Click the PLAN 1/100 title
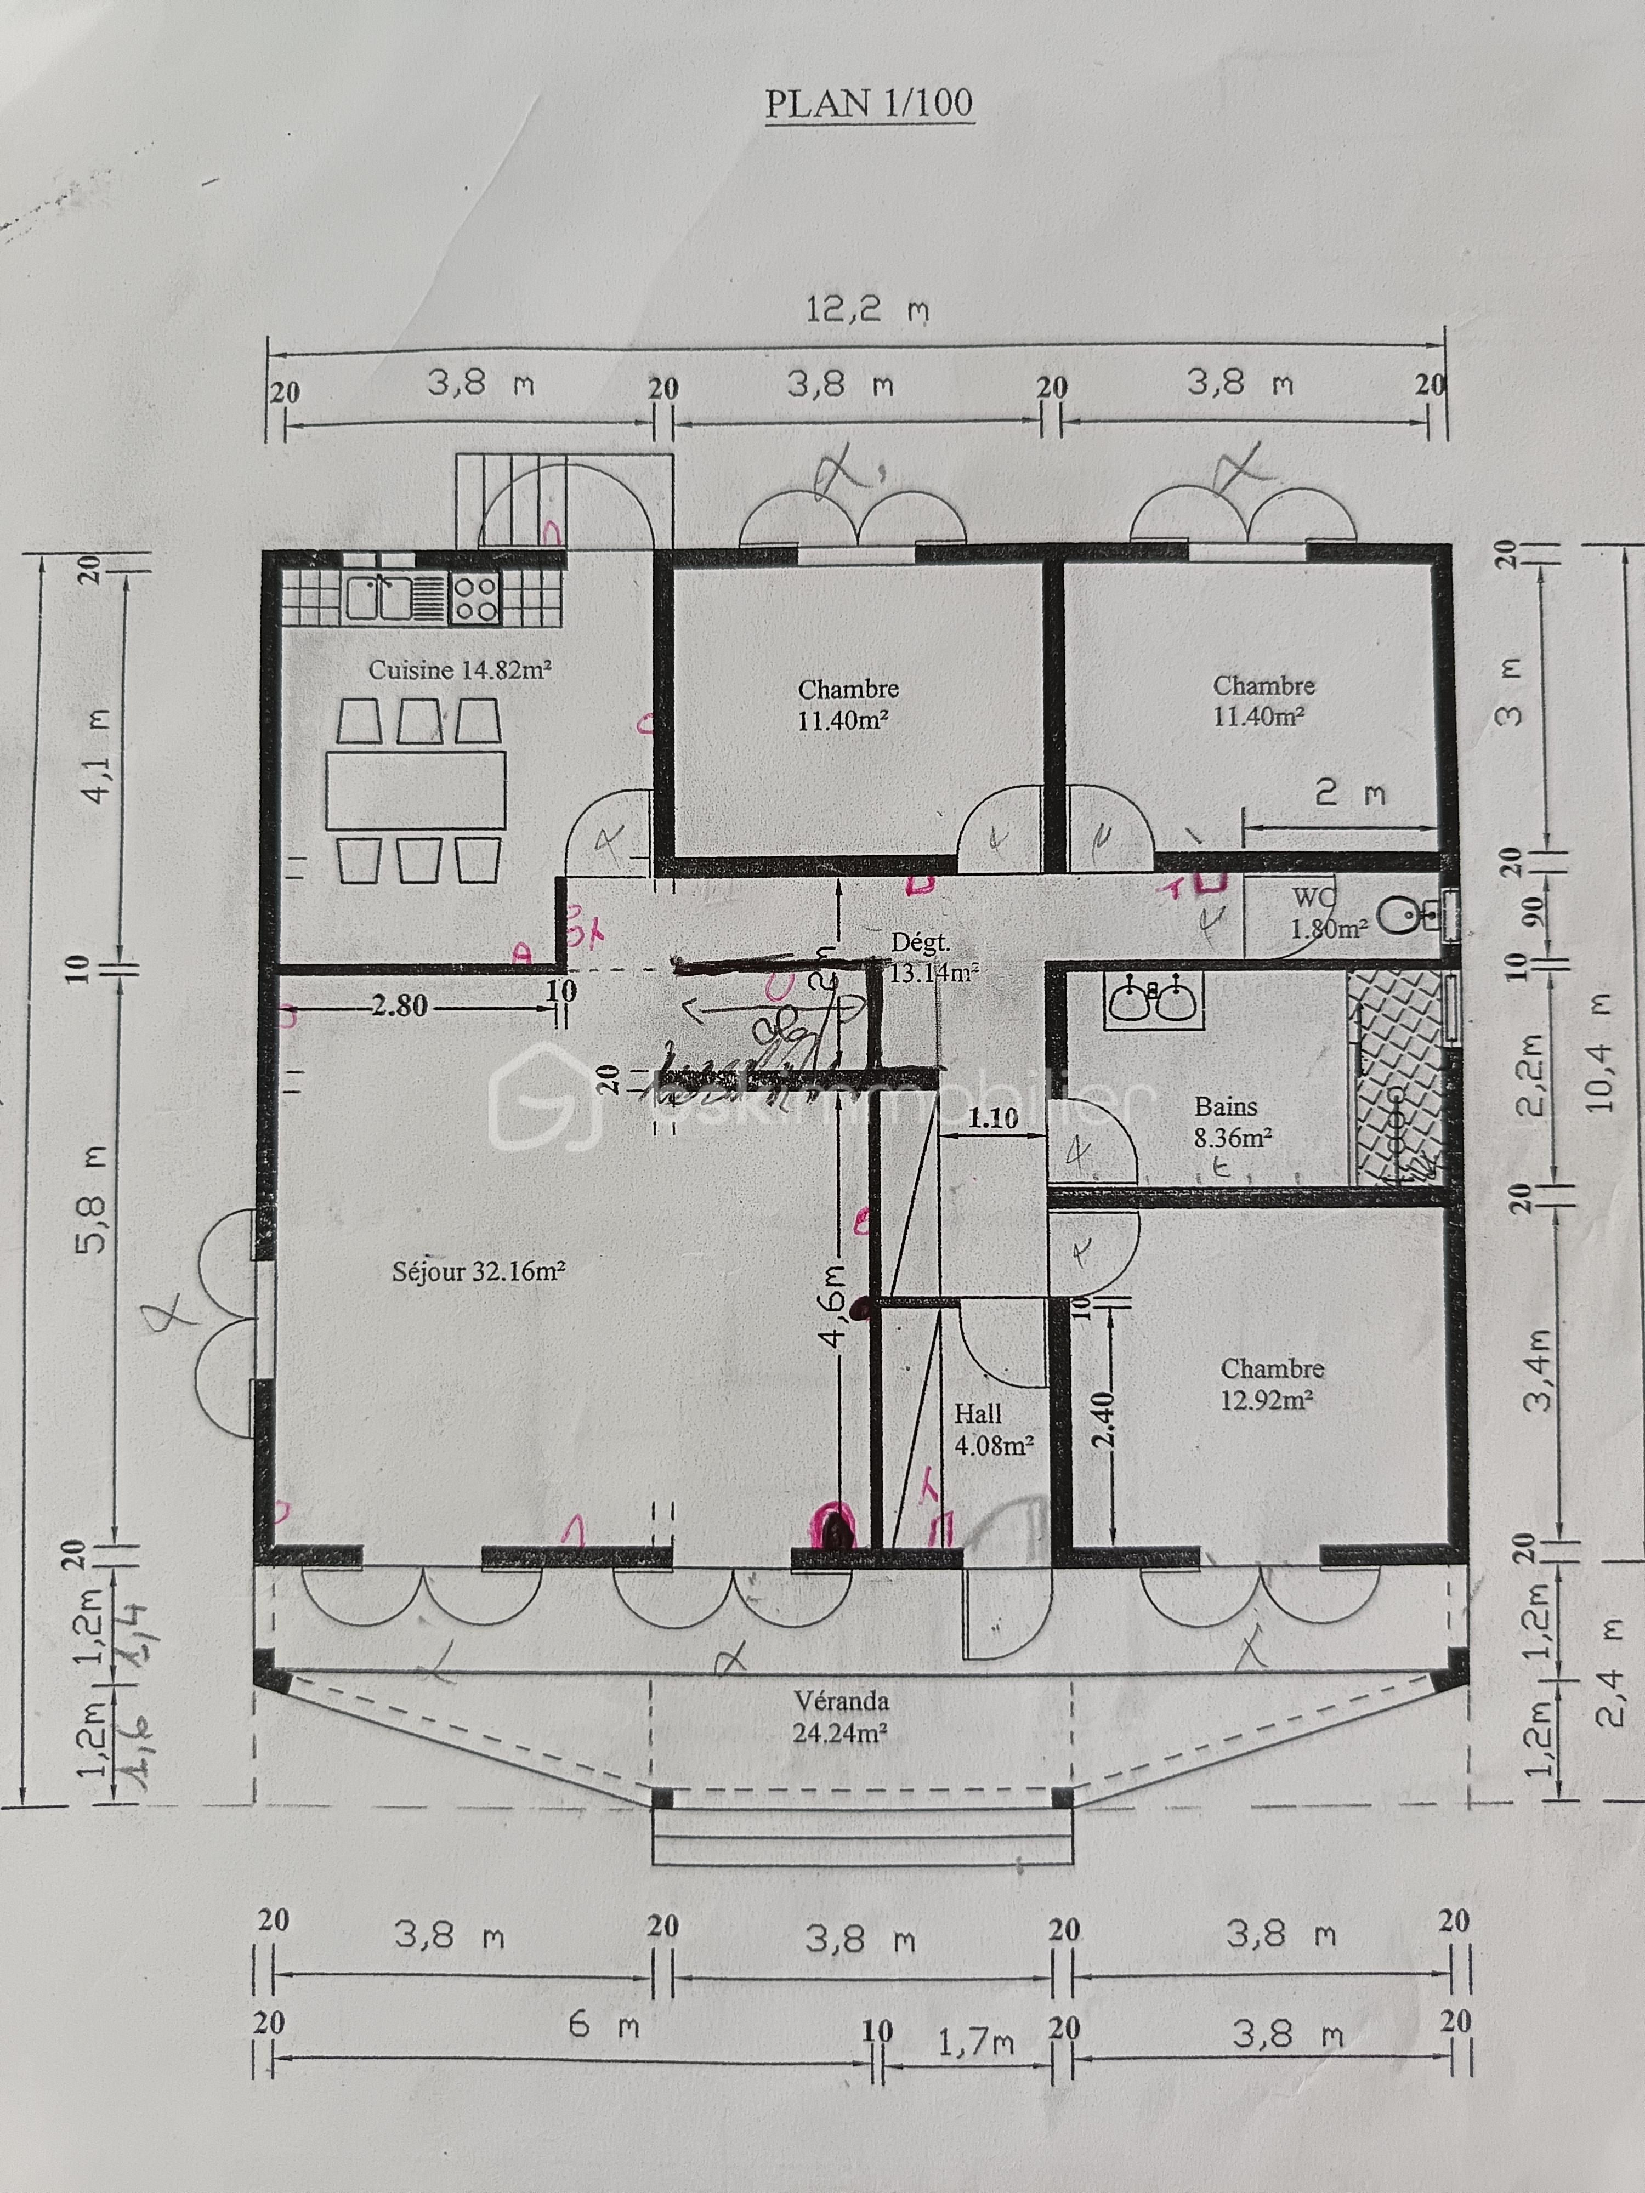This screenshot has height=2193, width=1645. [869, 103]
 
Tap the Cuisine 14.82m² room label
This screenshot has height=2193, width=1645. [459, 670]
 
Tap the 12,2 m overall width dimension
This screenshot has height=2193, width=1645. [866, 310]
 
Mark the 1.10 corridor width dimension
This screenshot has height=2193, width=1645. [992, 1118]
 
